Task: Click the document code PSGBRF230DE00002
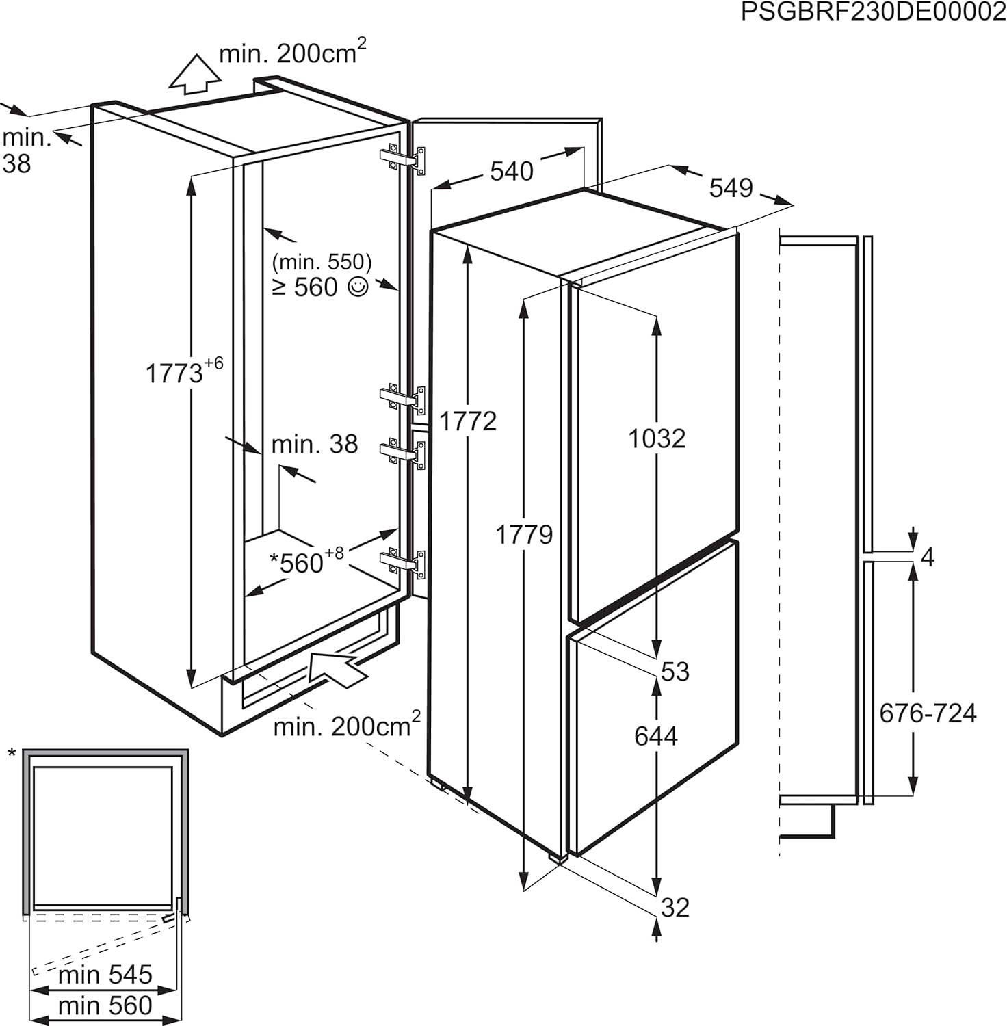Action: (x=873, y=13)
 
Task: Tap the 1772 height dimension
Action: (x=468, y=421)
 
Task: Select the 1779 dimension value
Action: (x=524, y=534)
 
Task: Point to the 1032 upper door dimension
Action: (x=657, y=438)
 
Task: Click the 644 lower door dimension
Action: (x=656, y=736)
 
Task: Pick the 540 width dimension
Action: (x=511, y=171)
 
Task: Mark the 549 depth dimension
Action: (x=731, y=187)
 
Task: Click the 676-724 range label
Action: (x=928, y=713)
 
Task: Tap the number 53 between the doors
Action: (x=675, y=672)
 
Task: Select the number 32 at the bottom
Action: (x=675, y=908)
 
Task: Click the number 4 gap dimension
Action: (x=928, y=557)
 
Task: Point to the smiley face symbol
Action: (x=358, y=287)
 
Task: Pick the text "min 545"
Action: (x=105, y=975)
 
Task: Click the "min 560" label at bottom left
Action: (x=105, y=1005)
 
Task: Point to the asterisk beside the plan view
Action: (x=12, y=754)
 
